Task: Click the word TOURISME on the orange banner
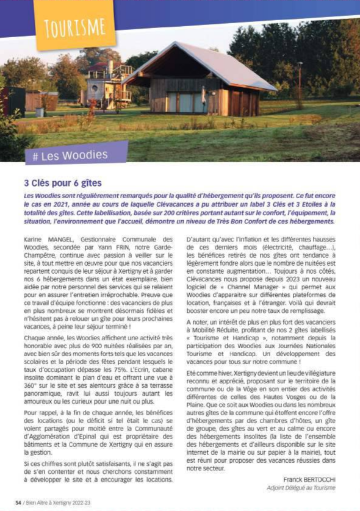click(x=74, y=27)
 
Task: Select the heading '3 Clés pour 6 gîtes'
click(x=62, y=182)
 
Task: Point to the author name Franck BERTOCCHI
click(x=310, y=479)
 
